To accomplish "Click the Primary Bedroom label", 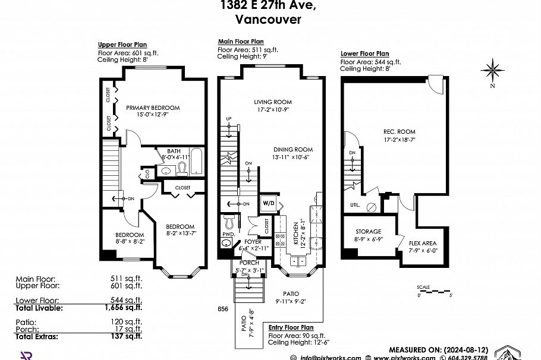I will pyautogui.click(x=152, y=108).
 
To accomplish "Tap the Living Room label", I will pyautogui.click(x=272, y=102).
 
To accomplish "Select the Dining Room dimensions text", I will pyautogui.click(x=292, y=157).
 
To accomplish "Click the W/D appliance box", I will pyautogui.click(x=268, y=203).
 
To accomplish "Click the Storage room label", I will pyautogui.click(x=368, y=231).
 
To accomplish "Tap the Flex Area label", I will pyautogui.click(x=423, y=244).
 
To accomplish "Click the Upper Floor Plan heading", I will pyautogui.click(x=122, y=45).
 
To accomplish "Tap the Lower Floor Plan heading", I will pyautogui.click(x=364, y=53).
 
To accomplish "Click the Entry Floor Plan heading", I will pyautogui.click(x=291, y=327).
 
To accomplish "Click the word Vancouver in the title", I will pyautogui.click(x=268, y=18).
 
